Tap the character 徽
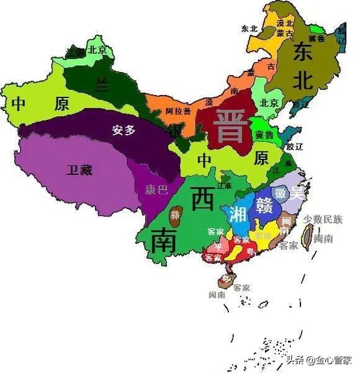[x=281, y=193]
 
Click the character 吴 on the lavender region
[x=298, y=193]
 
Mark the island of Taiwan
[x=307, y=235]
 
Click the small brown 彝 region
[x=176, y=215]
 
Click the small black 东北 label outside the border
[x=250, y=29]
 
